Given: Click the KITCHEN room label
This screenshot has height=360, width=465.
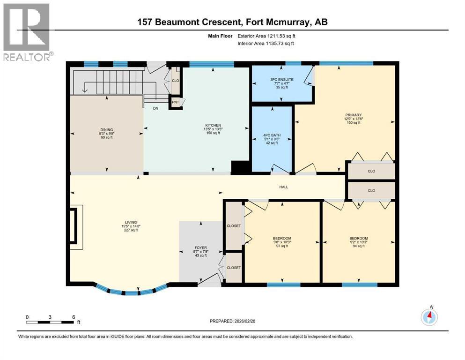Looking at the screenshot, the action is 213,125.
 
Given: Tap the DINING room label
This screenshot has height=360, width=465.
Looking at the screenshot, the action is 106,130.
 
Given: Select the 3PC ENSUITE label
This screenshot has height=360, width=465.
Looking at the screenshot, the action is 282,80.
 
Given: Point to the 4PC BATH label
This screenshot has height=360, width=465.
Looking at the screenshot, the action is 272,135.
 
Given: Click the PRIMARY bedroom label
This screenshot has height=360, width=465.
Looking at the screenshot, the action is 353,115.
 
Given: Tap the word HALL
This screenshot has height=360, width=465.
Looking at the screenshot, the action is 283,187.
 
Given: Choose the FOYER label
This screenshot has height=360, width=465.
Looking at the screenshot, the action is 201,248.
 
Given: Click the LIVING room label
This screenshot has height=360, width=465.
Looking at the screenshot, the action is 131,222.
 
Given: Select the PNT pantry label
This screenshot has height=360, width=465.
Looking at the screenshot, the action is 176,102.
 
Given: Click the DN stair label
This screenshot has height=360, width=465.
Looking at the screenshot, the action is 155,108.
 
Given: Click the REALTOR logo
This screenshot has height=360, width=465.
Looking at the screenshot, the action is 27,32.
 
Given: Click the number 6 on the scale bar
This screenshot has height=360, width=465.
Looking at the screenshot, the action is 74,317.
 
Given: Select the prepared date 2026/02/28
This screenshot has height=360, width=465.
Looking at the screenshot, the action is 244,321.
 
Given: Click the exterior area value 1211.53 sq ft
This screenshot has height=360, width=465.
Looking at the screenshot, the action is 281,36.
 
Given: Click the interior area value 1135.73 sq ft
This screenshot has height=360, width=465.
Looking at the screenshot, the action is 280,43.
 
